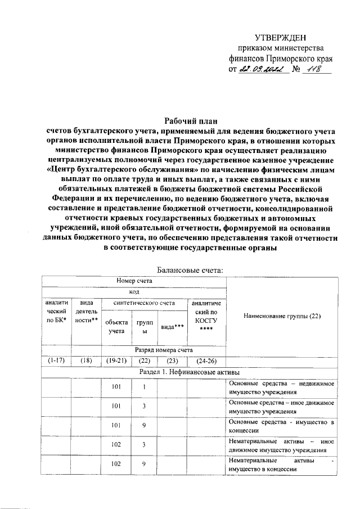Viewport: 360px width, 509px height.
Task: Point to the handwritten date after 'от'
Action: click(x=261, y=69)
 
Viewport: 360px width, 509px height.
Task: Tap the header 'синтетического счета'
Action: click(x=144, y=303)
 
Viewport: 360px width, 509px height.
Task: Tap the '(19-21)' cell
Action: click(x=116, y=361)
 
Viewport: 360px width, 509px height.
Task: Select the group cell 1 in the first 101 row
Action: click(x=144, y=388)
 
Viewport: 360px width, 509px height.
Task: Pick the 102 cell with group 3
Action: click(x=116, y=445)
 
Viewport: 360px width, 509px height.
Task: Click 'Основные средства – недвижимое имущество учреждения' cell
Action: click(x=281, y=388)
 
